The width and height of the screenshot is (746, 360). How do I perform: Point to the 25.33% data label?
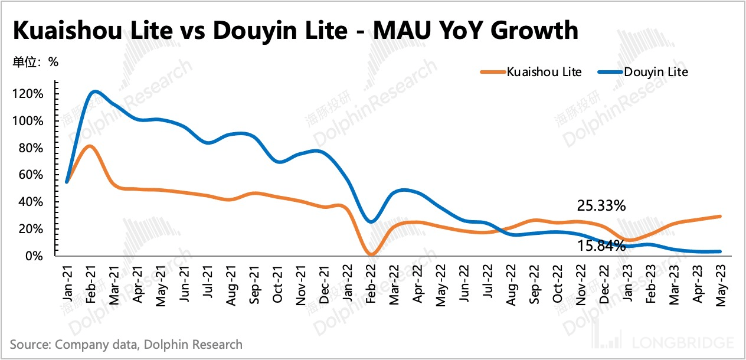(601, 206)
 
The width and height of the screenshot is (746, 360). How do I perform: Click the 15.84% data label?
(601, 246)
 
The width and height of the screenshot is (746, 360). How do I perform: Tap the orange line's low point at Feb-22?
(371, 254)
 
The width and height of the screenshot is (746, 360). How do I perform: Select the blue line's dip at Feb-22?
(371, 221)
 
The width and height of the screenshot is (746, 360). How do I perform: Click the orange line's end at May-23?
(720, 217)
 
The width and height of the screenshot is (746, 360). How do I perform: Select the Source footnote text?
(126, 344)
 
